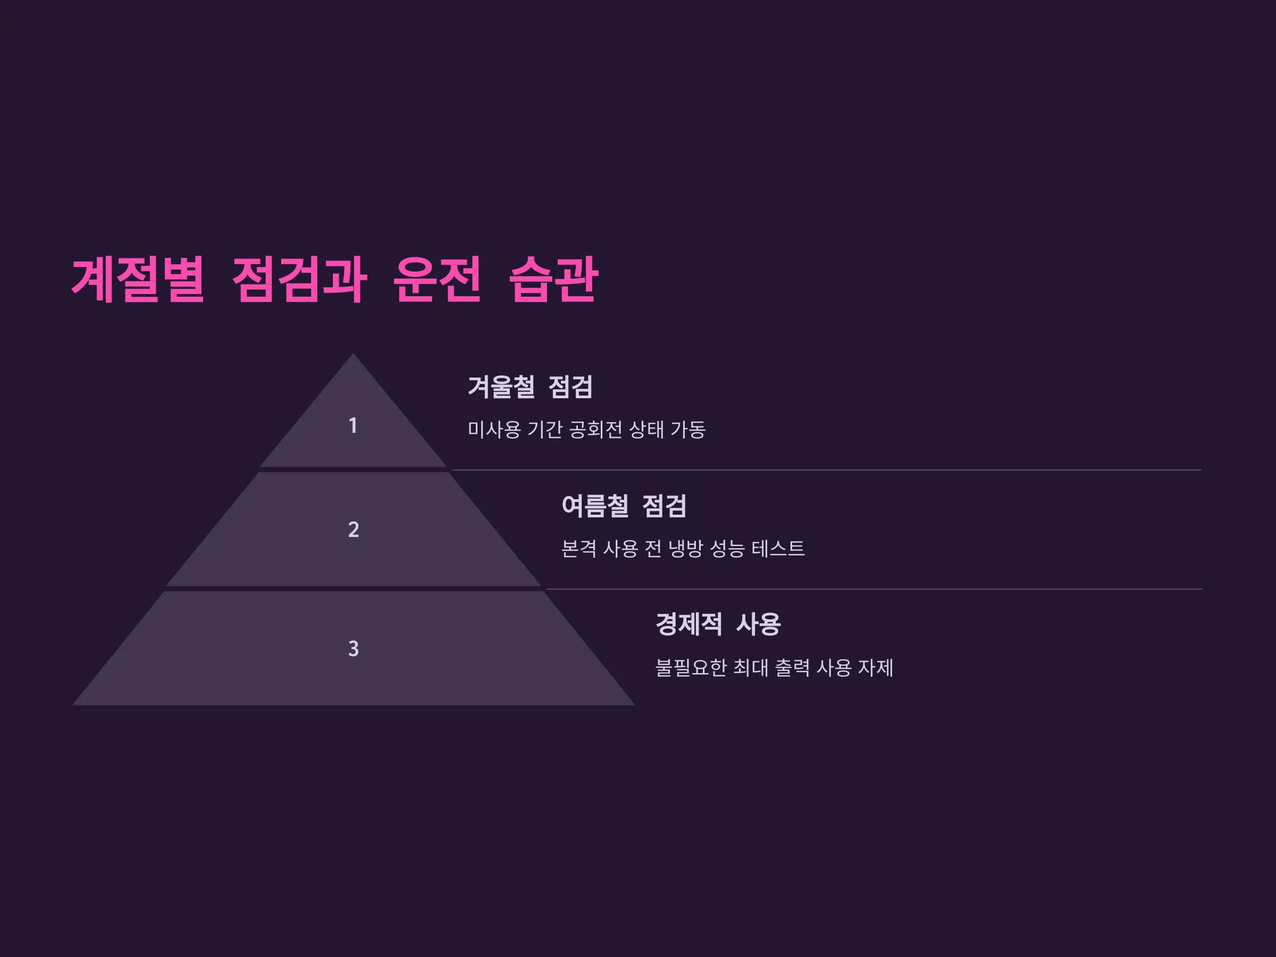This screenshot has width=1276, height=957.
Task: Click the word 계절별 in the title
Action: pyautogui.click(x=138, y=279)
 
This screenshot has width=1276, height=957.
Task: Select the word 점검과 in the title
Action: pyautogui.click(x=299, y=279)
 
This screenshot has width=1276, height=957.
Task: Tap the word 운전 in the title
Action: pyautogui.click(x=436, y=279)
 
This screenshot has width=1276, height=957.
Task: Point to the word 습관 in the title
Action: pyautogui.click(x=554, y=279)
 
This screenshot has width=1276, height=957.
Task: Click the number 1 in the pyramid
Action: pyautogui.click(x=353, y=426)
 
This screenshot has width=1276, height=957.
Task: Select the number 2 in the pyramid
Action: pyautogui.click(x=354, y=530)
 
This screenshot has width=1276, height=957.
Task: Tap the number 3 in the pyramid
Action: pyautogui.click(x=354, y=649)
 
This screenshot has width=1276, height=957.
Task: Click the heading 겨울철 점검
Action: pyautogui.click(x=530, y=387)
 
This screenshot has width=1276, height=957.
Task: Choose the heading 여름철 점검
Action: pyautogui.click(x=624, y=506)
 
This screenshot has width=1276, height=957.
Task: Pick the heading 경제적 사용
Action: pyautogui.click(x=718, y=624)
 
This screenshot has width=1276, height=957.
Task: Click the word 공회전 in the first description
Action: pyautogui.click(x=596, y=429)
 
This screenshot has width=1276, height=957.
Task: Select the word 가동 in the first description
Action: pyautogui.click(x=688, y=429)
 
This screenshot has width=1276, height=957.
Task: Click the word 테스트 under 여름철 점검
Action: pyautogui.click(x=778, y=549)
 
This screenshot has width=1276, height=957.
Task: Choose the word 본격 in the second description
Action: pyautogui.click(x=579, y=549)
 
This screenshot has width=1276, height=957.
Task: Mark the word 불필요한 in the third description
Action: pyautogui.click(x=691, y=668)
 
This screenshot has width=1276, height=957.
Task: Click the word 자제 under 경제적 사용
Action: pyautogui.click(x=876, y=668)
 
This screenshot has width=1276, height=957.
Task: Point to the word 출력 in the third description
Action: pyautogui.click(x=792, y=668)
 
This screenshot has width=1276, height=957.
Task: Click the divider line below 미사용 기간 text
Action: pyautogui.click(x=827, y=470)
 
